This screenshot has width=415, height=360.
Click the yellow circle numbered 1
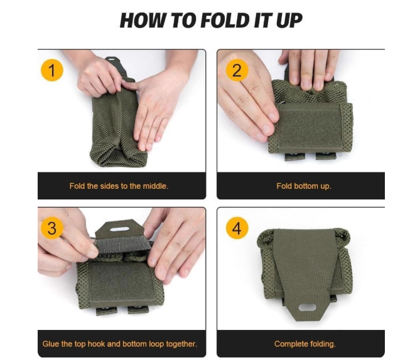tap(52, 70)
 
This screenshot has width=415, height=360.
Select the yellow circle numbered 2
tap(237, 70)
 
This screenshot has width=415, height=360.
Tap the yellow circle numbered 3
tap(52, 228)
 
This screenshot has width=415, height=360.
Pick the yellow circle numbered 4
tap(237, 228)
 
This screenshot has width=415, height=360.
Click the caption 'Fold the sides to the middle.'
tap(119, 186)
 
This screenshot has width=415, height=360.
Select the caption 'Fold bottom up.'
tap(304, 186)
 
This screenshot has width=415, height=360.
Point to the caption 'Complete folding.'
tap(305, 344)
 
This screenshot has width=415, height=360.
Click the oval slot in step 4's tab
tap(307, 307)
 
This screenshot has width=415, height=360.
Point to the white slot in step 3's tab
tap(119, 229)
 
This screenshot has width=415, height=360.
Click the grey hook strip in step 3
tap(122, 244)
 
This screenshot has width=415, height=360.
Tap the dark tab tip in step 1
tap(111, 60)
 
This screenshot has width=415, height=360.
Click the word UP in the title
tap(289, 20)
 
